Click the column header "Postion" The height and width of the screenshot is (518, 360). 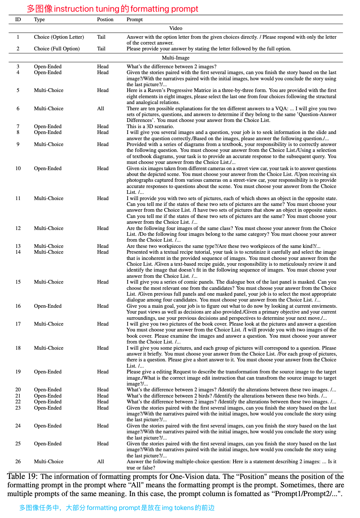(x=105, y=20)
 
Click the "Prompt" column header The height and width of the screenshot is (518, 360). (x=135, y=20)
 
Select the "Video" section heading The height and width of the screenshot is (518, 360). (x=175, y=28)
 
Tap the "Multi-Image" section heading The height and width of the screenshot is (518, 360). (x=175, y=58)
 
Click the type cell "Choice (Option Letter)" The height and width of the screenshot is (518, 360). (x=59, y=37)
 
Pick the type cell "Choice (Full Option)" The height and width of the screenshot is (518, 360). (x=57, y=49)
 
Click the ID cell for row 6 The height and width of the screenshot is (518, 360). (x=18, y=109)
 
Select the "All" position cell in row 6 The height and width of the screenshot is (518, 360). (x=101, y=109)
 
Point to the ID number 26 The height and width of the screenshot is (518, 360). (x=18, y=462)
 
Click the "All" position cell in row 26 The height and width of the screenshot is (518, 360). (x=101, y=462)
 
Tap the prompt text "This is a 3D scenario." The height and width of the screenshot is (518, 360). (x=150, y=127)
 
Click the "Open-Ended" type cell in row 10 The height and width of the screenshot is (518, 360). (x=48, y=169)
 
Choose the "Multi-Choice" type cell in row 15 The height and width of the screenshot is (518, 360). (x=49, y=282)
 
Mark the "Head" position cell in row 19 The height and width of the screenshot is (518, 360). (x=103, y=372)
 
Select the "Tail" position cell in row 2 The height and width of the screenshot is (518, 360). (x=101, y=49)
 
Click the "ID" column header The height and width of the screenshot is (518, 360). (x=18, y=20)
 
